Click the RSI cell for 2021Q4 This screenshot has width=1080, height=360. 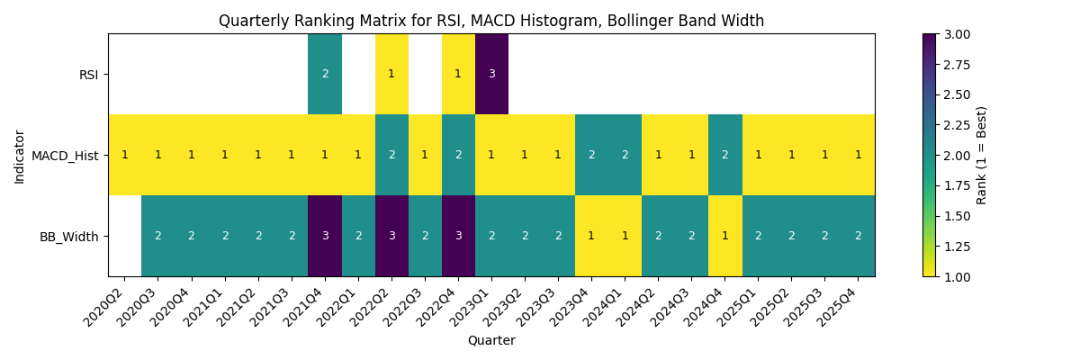tap(325, 74)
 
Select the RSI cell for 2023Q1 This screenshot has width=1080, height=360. tap(491, 74)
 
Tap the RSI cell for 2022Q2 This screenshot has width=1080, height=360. tap(391, 74)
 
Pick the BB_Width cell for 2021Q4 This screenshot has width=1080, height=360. tap(325, 236)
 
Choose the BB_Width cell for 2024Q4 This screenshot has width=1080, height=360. tap(724, 236)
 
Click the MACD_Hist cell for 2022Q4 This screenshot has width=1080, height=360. tap(458, 155)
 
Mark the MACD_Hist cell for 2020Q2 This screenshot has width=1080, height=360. tap(125, 155)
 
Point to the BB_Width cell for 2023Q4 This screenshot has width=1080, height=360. tap(591, 236)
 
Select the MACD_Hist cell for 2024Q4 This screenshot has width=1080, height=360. tap(724, 155)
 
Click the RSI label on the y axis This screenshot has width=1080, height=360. tap(88, 75)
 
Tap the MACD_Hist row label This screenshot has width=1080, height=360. tap(65, 156)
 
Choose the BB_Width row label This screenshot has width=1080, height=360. tap(70, 237)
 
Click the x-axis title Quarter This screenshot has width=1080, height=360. tap(491, 341)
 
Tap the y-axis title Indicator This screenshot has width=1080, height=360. tap(20, 155)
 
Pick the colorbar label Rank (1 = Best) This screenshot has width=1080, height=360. tap(982, 155)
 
